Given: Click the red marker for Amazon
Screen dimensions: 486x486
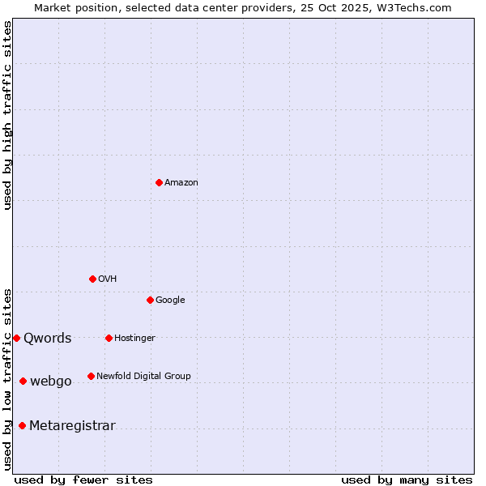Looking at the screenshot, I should (159, 182).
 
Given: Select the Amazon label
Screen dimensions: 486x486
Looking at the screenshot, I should (181, 183).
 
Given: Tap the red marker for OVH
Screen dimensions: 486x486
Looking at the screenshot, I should (92, 279).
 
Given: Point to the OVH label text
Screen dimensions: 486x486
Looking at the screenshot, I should (108, 279).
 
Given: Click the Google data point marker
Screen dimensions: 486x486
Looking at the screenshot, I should (150, 300).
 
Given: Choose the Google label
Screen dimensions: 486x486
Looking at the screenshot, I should (170, 301).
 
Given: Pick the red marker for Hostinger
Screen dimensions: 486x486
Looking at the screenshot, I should (109, 338).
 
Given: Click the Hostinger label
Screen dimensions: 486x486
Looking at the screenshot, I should (134, 339).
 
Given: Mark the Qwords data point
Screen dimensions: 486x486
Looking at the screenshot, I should (16, 338).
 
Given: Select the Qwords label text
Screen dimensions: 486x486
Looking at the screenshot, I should (48, 339).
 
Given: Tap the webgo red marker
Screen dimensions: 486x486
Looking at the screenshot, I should (23, 381).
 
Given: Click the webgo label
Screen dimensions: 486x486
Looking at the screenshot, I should (51, 382).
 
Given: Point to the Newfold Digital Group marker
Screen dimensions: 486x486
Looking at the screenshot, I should (91, 376).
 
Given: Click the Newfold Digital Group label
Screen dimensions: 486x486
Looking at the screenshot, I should (143, 377).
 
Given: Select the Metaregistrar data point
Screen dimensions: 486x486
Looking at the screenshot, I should (22, 425).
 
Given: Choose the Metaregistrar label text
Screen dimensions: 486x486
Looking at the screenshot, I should (72, 426).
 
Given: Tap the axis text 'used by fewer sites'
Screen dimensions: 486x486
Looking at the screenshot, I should (83, 480).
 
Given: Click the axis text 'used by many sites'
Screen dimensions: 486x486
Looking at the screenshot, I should (407, 480).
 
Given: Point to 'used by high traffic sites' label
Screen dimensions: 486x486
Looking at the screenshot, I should (8, 115).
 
